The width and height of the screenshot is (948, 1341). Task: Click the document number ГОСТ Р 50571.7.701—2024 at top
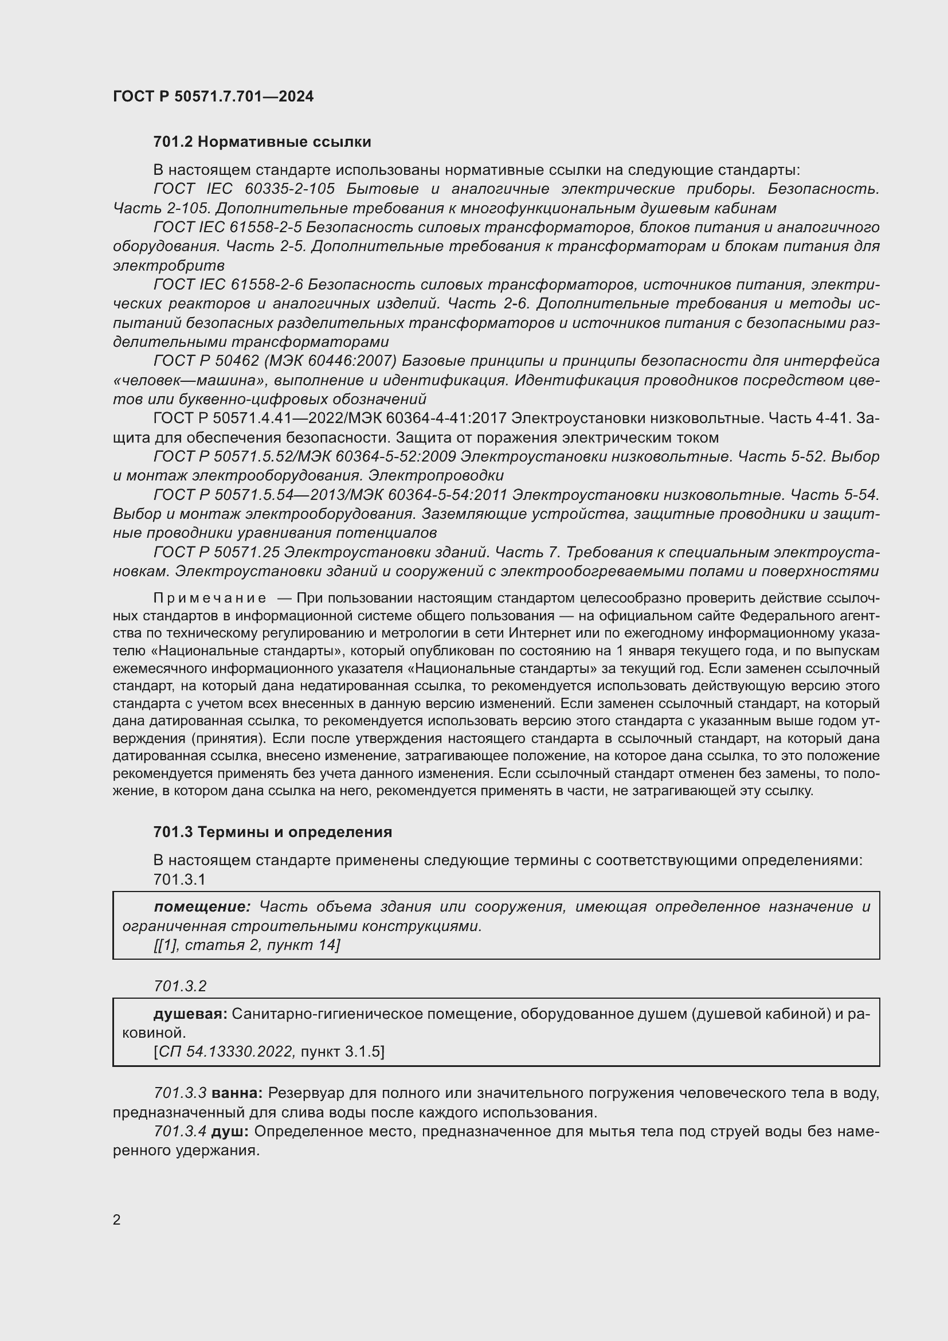[x=213, y=96]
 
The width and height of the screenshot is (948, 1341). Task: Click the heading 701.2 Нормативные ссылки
[x=262, y=142]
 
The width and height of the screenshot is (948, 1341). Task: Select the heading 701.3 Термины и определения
[x=273, y=832]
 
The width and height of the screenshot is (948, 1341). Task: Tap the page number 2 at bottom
[x=117, y=1219]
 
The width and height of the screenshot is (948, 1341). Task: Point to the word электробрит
[x=169, y=266]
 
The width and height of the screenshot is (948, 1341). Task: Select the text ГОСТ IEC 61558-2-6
[x=228, y=284]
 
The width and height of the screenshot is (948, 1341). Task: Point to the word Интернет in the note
[x=535, y=633]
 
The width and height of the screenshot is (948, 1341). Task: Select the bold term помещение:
[x=202, y=906]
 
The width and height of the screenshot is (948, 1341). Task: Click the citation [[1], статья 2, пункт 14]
[x=246, y=944]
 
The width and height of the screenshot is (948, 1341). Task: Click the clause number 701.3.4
[x=180, y=1131]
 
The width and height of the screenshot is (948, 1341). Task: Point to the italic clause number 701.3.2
[x=180, y=986]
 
